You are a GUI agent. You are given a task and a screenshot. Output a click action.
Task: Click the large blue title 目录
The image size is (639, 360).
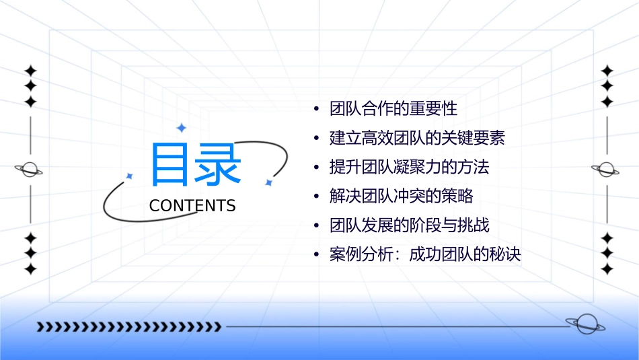click(196, 164)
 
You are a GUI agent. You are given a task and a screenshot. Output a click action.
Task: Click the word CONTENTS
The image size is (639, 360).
click(192, 206)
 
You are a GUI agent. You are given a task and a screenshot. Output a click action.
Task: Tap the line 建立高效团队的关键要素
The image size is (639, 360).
click(417, 138)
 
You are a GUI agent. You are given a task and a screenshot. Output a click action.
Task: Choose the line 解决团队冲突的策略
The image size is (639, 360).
click(402, 196)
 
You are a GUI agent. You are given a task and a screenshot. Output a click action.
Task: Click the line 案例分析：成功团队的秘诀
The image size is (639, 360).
click(425, 255)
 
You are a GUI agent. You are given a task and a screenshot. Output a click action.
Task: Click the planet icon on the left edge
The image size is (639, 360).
click(30, 170)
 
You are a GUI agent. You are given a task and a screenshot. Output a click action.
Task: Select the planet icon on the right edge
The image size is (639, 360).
click(607, 170)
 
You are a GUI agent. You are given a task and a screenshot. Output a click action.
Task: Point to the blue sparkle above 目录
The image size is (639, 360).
click(180, 128)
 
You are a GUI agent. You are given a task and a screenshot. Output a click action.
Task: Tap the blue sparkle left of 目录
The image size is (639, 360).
click(130, 176)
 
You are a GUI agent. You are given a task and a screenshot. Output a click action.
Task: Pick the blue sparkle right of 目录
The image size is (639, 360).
click(268, 182)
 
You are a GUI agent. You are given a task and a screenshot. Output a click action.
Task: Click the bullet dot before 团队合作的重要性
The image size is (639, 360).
click(316, 109)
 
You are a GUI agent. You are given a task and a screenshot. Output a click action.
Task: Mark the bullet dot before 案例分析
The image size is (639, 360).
click(316, 256)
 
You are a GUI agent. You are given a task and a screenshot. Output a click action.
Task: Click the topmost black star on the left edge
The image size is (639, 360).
click(30, 71)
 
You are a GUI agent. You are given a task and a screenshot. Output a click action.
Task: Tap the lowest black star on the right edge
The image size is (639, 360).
click(607, 269)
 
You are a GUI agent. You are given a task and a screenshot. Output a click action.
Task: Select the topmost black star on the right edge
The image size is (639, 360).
click(607, 71)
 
